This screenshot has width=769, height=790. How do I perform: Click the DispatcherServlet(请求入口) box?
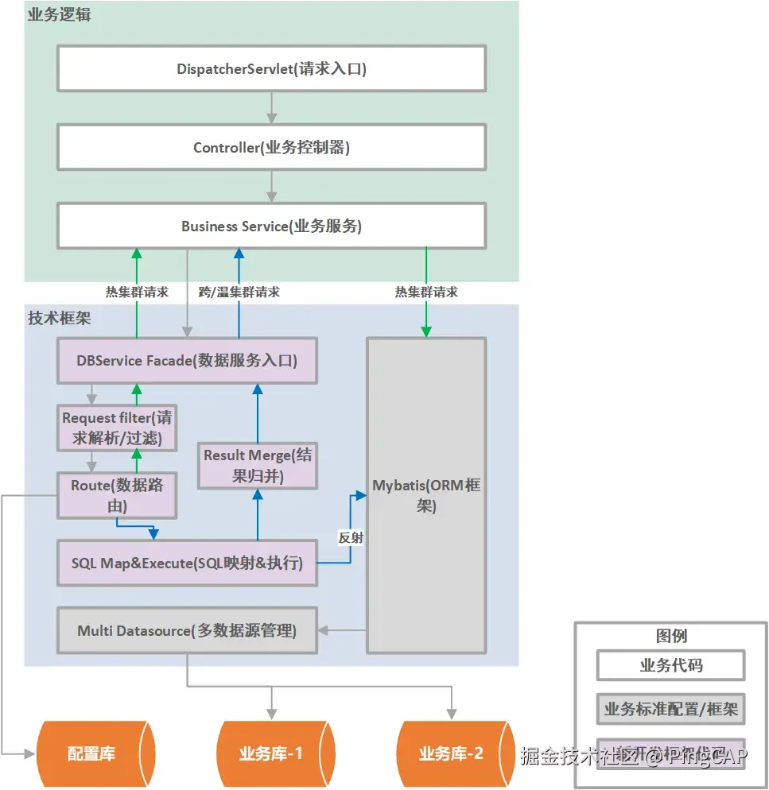point(271,68)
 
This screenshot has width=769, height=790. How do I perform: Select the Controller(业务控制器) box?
point(271,147)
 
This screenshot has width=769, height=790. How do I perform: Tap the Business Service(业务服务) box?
point(271,226)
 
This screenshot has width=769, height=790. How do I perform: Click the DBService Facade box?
point(187,361)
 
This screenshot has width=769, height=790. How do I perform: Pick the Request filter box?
point(117,428)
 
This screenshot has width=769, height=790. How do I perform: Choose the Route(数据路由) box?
point(117,494)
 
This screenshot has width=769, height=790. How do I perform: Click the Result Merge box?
point(258,465)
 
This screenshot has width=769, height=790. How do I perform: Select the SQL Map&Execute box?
point(187,563)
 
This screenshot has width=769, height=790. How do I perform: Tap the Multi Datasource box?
point(187,631)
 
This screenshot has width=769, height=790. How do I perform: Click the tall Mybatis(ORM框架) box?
point(426,495)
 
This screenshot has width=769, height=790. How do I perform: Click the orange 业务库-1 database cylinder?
point(271,753)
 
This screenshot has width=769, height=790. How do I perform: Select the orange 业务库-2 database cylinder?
point(451,753)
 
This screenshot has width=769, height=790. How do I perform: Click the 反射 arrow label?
point(351,537)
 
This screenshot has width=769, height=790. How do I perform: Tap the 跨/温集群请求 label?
point(239,292)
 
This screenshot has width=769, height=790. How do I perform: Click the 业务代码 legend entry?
point(671,665)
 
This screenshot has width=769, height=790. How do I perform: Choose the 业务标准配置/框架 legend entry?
point(671,709)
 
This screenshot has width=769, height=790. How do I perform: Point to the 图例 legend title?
point(671,636)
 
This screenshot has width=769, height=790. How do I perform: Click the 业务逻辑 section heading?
point(59,14)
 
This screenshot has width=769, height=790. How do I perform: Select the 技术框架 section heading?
point(59,318)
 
